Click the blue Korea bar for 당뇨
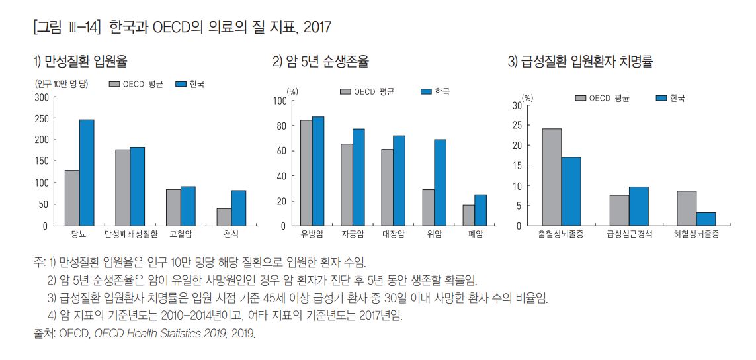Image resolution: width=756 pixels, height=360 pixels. (87, 173)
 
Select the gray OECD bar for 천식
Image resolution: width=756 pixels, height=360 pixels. (224, 217)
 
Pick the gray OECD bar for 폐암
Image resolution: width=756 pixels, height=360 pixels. (468, 215)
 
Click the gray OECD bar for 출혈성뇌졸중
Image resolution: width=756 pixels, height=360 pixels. (552, 177)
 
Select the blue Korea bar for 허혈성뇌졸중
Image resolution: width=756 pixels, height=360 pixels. (706, 219)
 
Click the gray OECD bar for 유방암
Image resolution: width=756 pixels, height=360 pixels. (306, 173)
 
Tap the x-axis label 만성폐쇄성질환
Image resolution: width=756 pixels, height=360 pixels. (130, 235)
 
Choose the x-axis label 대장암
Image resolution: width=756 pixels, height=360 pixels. (393, 235)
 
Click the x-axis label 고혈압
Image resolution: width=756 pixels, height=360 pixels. (181, 235)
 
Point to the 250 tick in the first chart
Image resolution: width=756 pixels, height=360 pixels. (42, 118)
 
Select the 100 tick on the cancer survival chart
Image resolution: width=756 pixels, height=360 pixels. (279, 101)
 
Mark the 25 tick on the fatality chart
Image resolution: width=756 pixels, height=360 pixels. (517, 125)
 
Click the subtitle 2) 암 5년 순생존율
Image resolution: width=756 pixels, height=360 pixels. (321, 62)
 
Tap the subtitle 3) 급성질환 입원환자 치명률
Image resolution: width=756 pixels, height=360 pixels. (580, 62)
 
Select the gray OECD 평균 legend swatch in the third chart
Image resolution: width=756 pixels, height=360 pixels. (581, 98)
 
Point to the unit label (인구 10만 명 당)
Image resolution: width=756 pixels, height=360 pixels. (60, 84)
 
